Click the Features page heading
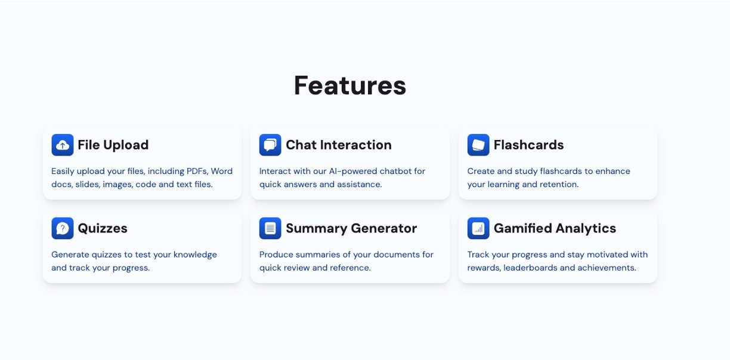(350, 85)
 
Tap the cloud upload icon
(62, 145)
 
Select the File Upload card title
(113, 145)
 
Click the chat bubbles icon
(270, 145)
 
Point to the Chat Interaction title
(339, 145)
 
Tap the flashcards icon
(478, 145)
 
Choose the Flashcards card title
(528, 145)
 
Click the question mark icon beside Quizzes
(62, 228)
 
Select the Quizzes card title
(103, 228)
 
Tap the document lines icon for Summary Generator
(270, 228)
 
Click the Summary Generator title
(351, 228)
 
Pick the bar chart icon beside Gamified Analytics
(478, 228)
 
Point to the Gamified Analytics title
(555, 228)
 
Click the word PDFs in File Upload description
(197, 171)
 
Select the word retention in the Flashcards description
(559, 184)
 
